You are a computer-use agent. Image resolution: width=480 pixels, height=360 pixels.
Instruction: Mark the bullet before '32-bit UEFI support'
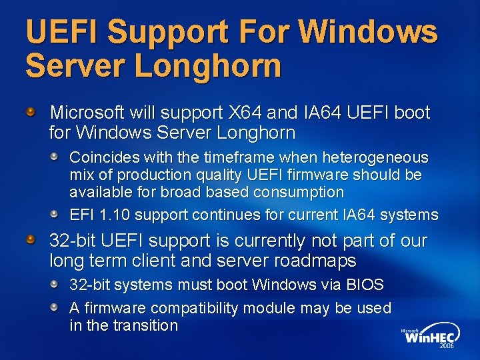click(x=31, y=239)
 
